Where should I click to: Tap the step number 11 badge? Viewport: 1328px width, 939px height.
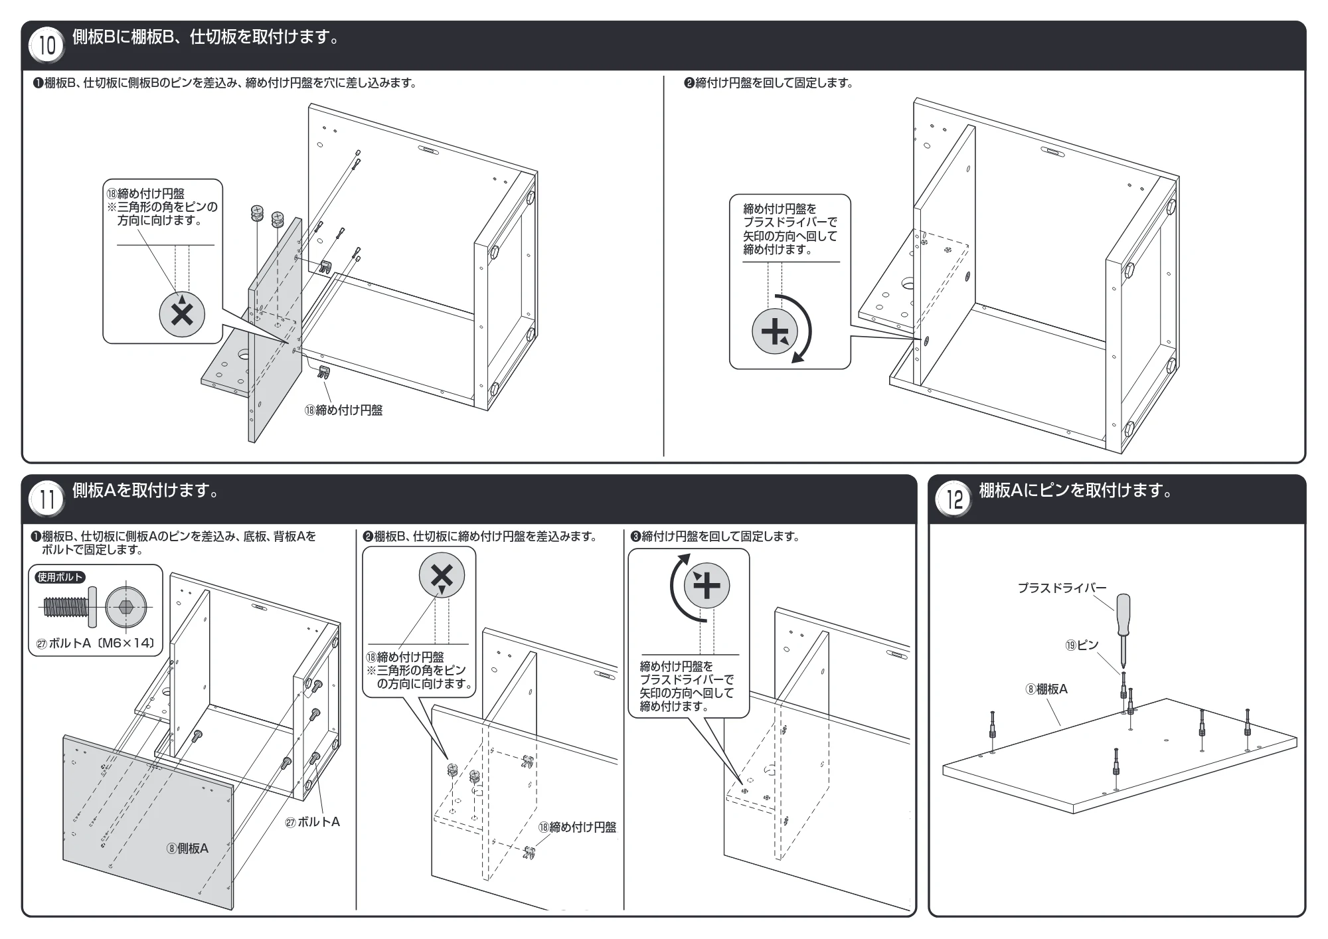click(x=47, y=499)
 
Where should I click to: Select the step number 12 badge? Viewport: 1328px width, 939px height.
click(x=954, y=499)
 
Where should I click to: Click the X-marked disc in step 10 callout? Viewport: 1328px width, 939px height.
click(x=182, y=315)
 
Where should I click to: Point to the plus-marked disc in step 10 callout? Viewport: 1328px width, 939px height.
click(x=774, y=331)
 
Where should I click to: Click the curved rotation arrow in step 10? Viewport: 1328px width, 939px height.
click(x=807, y=330)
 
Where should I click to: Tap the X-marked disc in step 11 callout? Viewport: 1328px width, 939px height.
click(x=442, y=576)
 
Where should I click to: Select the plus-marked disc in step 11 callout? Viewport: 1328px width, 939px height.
click(x=706, y=586)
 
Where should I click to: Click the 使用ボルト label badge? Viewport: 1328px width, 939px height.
click(x=60, y=577)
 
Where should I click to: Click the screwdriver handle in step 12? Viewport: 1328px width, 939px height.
click(x=1121, y=615)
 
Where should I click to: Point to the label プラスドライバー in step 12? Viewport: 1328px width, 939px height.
click(x=1062, y=588)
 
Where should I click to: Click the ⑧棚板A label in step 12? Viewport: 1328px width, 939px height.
click(x=1046, y=689)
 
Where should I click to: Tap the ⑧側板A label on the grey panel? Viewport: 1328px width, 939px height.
click(x=187, y=848)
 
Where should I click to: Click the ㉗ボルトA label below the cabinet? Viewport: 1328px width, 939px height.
click(x=312, y=822)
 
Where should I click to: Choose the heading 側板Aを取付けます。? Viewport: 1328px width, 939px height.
click(x=145, y=491)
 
